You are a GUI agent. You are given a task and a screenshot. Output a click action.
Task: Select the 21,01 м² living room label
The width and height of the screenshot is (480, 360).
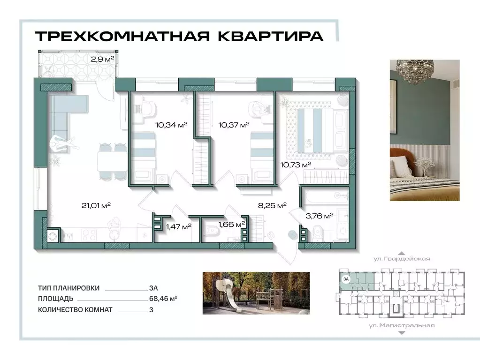95,205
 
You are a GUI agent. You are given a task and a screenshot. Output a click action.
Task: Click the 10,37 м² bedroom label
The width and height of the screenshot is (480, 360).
234,125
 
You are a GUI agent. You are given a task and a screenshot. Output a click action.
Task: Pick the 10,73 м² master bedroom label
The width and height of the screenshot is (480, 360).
296,165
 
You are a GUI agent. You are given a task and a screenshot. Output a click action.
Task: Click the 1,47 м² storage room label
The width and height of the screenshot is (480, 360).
178,227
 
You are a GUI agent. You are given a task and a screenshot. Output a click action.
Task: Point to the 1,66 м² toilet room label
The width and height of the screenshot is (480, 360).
232,225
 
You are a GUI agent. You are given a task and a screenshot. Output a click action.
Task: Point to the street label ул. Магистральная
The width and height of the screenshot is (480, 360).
401,325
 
